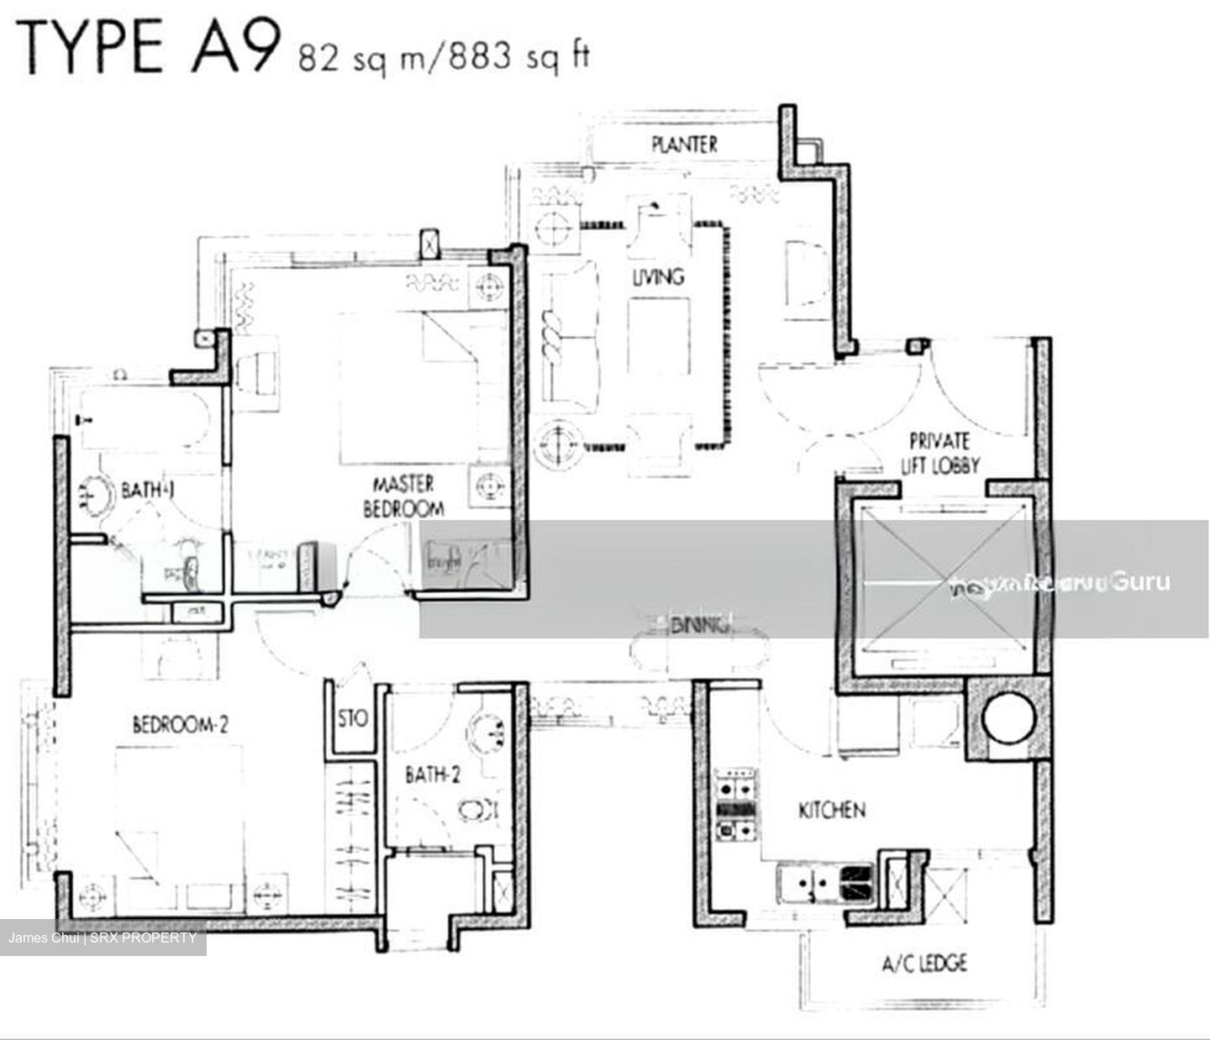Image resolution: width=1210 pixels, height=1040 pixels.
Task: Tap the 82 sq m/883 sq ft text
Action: [444, 57]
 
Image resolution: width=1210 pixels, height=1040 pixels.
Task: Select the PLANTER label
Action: [685, 144]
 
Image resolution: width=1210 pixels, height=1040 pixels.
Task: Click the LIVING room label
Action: [658, 276]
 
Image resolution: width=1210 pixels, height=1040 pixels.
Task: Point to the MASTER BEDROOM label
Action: [403, 496]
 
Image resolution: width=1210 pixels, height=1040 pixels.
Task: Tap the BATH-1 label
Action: [148, 489]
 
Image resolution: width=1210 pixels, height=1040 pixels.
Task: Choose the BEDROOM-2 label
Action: [181, 723]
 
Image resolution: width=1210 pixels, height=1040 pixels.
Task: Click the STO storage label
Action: [353, 719]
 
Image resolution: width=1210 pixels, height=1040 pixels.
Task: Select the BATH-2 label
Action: [433, 775]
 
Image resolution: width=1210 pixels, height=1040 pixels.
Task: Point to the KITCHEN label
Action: [831, 810]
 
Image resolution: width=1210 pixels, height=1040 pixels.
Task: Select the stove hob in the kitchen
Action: [736, 805]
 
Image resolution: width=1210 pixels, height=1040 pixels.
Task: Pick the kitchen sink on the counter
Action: [808, 883]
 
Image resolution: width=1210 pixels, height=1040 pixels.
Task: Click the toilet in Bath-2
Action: [479, 810]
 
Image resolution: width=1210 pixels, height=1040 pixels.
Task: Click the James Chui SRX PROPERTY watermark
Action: [103, 938]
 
